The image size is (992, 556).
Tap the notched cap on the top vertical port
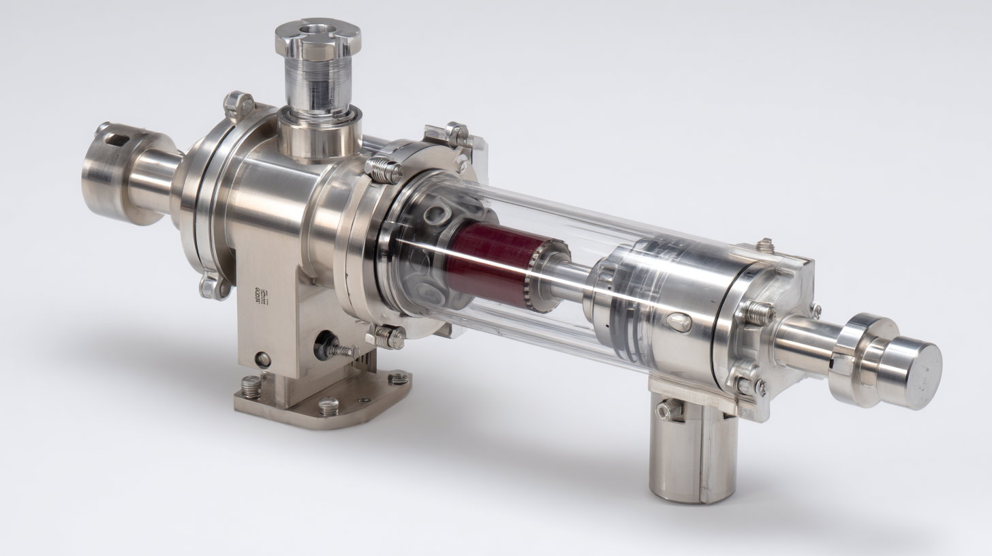(x=317, y=37)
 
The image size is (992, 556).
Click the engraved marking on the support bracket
(x=262, y=296)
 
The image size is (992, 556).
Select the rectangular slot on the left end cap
(x=118, y=140)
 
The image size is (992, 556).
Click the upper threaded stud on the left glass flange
(x=383, y=170)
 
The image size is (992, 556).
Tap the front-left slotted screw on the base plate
(x=251, y=387)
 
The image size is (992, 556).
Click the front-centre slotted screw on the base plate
(x=328, y=406)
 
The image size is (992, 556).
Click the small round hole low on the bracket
(x=262, y=360)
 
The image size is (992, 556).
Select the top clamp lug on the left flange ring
(x=239, y=104)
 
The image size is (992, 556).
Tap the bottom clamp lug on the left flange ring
(x=213, y=286)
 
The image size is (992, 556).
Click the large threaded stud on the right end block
(x=756, y=313)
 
